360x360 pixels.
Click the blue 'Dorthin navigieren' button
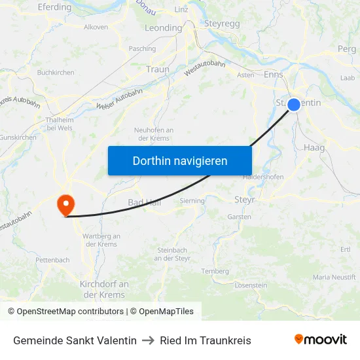point(180,160)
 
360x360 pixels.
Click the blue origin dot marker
point(293,104)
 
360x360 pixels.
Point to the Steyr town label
point(244,199)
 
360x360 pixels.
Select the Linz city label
point(181,9)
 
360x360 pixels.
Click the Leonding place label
point(163,28)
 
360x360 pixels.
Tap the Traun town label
point(158,69)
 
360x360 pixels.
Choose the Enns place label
point(273,75)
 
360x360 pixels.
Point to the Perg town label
point(346,49)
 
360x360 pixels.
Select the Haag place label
point(314,148)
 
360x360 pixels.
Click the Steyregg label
point(223,24)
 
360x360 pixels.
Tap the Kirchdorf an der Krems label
point(104,289)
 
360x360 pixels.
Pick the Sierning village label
point(192,201)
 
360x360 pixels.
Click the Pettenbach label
point(52,260)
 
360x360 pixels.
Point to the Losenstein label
point(251,285)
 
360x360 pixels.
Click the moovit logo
point(321,340)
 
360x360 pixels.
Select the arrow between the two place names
point(148,340)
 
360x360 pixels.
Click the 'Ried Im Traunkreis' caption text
point(206,340)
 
